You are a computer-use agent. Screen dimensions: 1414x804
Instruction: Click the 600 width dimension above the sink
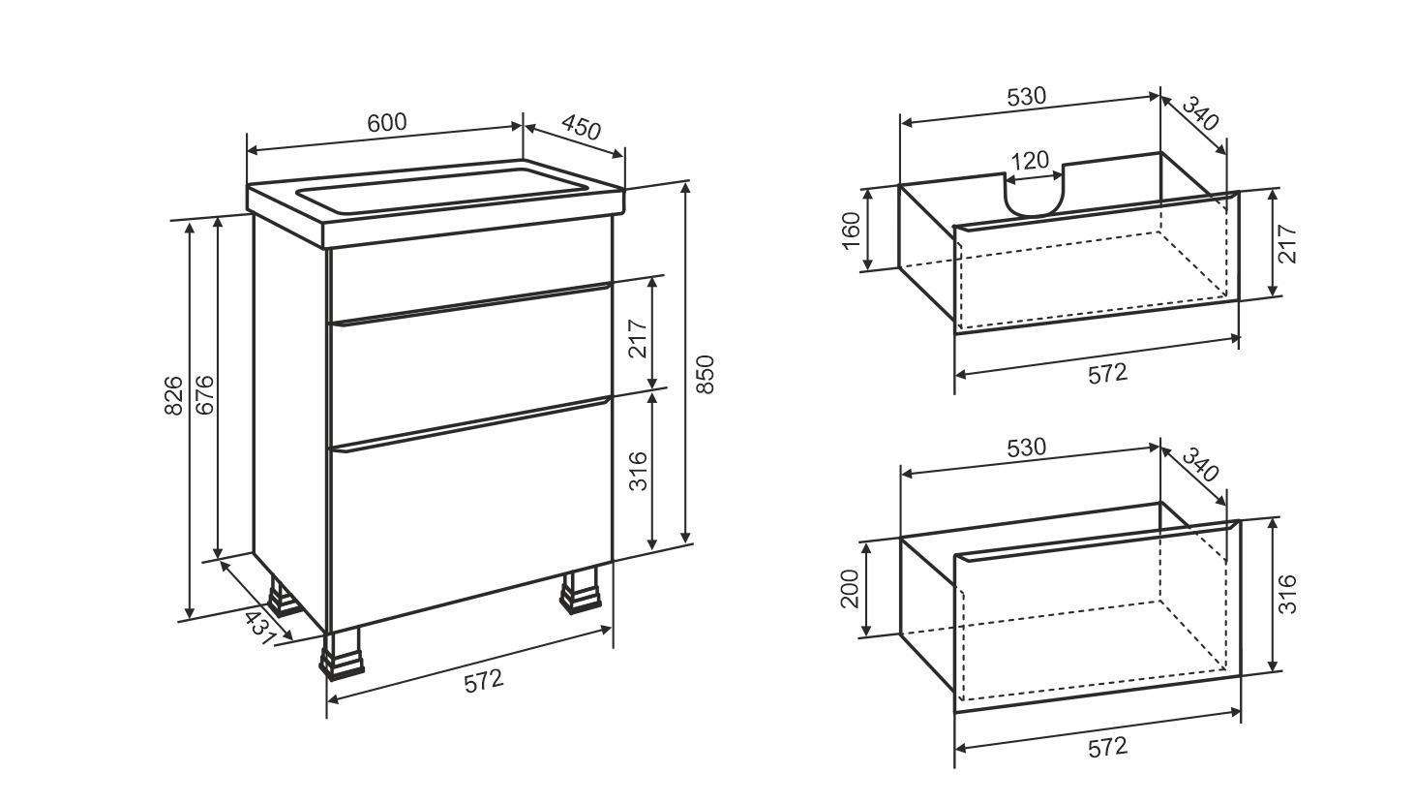[387, 122]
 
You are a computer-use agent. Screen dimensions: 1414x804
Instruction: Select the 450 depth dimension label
[580, 128]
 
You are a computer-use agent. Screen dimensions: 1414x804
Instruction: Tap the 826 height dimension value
[173, 396]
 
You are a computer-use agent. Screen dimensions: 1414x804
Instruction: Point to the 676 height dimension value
[204, 395]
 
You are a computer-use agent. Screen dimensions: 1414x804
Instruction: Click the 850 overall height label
[706, 375]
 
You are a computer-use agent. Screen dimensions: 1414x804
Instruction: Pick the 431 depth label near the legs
[260, 628]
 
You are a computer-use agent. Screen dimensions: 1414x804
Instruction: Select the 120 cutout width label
[1030, 161]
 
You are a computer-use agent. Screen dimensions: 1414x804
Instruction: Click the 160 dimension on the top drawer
[851, 232]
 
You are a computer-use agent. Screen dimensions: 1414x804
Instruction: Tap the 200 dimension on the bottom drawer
[851, 589]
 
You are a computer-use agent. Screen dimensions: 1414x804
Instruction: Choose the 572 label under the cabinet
[484, 682]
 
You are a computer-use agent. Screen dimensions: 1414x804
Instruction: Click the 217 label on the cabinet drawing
[639, 339]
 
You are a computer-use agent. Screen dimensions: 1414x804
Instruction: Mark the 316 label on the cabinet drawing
[639, 471]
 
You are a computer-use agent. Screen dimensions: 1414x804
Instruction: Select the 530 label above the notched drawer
[1027, 97]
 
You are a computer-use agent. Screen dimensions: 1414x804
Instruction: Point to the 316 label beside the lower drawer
[1287, 594]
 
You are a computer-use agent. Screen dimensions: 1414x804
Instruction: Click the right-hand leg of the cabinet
[579, 590]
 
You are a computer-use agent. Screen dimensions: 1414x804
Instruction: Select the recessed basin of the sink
[442, 190]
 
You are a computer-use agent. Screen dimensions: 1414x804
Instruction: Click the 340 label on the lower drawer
[1199, 464]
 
